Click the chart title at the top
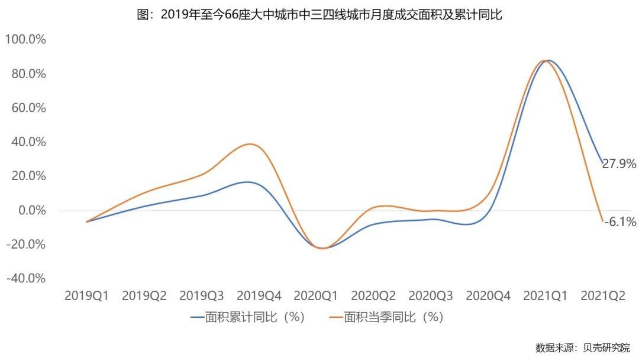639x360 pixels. tap(319, 15)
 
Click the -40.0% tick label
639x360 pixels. tap(25, 278)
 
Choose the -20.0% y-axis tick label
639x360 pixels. tap(25, 245)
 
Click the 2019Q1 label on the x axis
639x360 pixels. tap(86, 295)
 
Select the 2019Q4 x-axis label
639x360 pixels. tap(259, 295)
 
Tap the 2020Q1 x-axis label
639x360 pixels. tap(317, 295)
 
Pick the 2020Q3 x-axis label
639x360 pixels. tap(431, 295)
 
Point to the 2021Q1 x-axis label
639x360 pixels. tap(546, 295)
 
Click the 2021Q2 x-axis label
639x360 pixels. tap(603, 295)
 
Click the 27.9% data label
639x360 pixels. tap(619, 164)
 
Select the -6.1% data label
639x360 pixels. tap(620, 223)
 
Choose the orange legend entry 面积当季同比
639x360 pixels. tap(386, 317)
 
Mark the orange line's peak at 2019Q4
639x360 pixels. tap(251, 144)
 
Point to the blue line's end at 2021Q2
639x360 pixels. tap(602, 163)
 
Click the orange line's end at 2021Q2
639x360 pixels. tap(602, 221)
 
